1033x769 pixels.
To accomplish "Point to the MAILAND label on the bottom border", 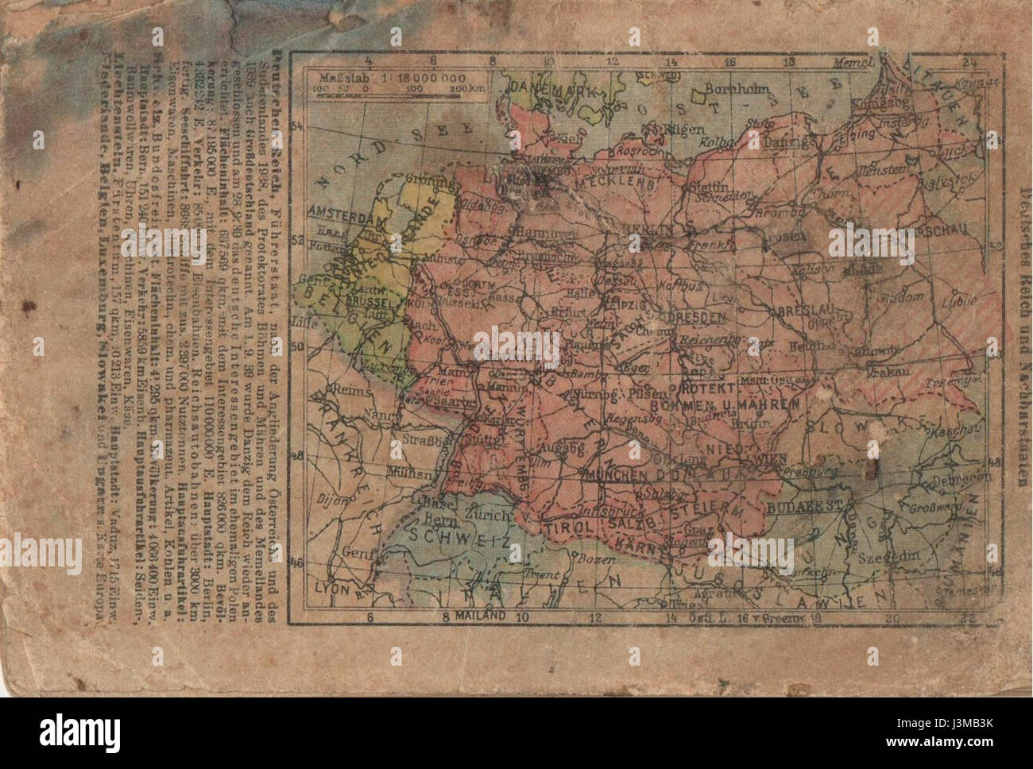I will pos(475,616).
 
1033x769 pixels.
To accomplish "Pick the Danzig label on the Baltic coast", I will pos(811,141).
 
